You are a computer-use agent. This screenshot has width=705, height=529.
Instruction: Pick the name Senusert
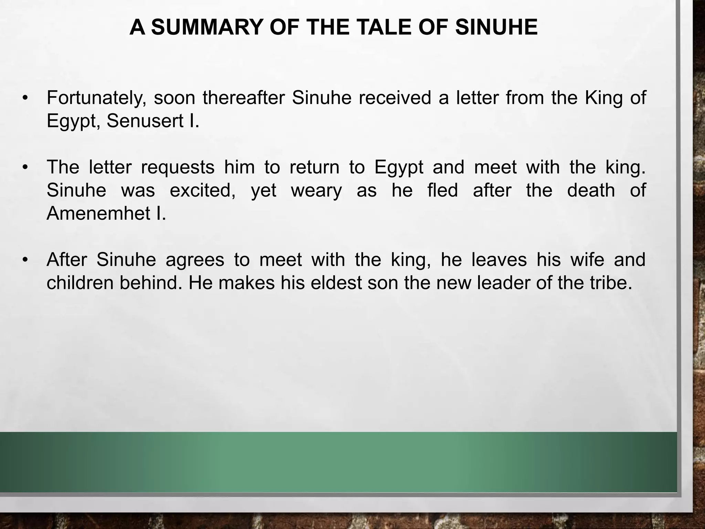pyautogui.click(x=145, y=121)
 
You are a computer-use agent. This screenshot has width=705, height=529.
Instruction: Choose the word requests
pyautogui.click(x=178, y=167)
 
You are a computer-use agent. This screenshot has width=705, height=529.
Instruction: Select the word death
pyautogui.click(x=591, y=190)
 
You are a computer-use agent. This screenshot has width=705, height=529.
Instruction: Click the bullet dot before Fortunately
pyautogui.click(x=24, y=98)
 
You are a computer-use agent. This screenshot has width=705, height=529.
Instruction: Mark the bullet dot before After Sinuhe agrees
pyautogui.click(x=24, y=260)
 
